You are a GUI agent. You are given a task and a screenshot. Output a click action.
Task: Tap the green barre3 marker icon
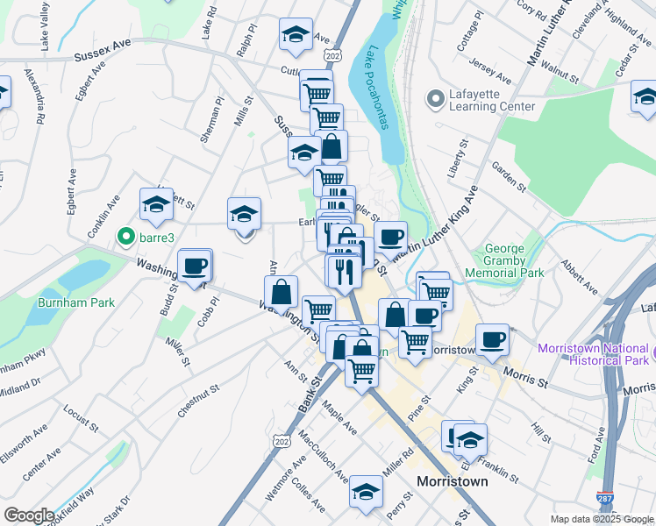pos(125,236)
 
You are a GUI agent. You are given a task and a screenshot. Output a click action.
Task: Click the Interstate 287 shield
pos(604,497)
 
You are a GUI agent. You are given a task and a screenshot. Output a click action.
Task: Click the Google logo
pos(28,515)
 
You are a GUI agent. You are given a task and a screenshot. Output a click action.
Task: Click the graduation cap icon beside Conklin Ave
pos(156,204)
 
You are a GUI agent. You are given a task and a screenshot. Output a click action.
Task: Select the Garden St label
pos(508,174)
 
